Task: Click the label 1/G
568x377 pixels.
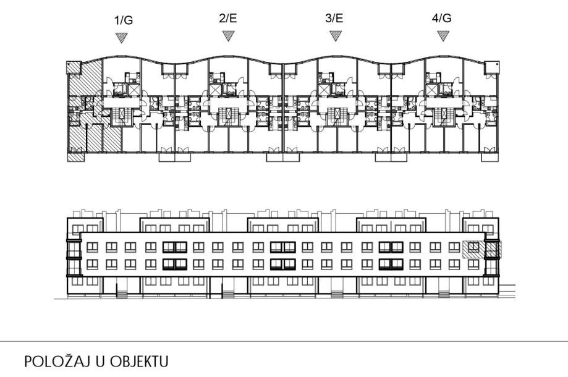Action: tap(124, 20)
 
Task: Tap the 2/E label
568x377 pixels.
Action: tap(228, 19)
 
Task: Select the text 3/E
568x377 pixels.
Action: tap(334, 19)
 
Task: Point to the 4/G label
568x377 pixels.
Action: tap(441, 19)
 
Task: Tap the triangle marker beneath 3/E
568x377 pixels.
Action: tap(336, 36)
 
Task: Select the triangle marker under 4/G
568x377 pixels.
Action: tap(443, 36)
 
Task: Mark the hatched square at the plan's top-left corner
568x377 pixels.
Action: tap(72, 66)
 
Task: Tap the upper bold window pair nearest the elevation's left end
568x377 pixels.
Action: tap(174, 248)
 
